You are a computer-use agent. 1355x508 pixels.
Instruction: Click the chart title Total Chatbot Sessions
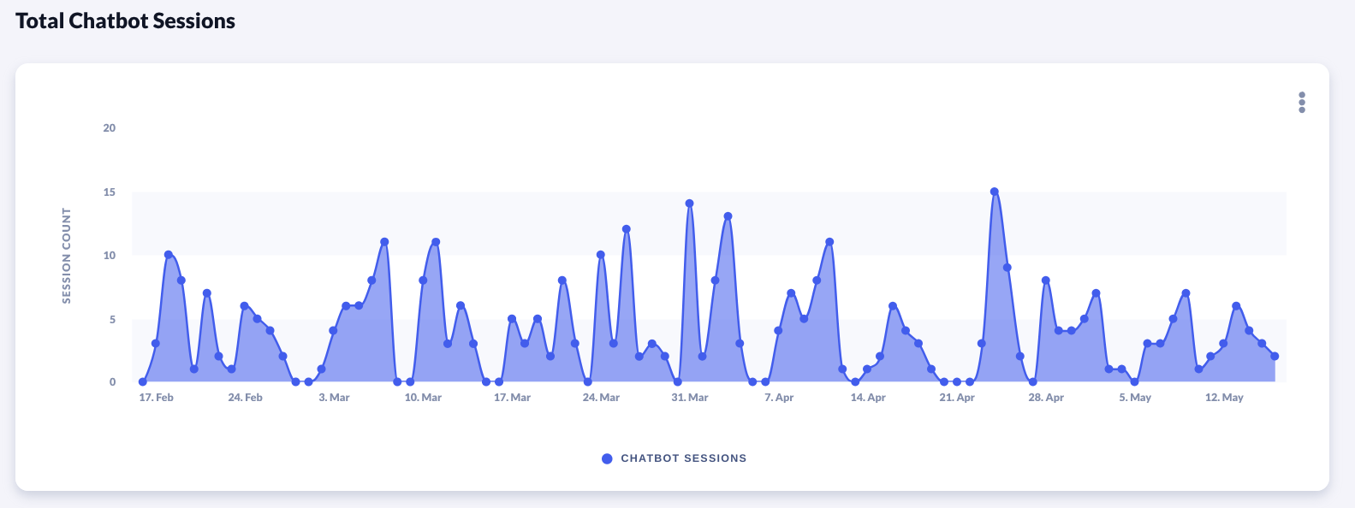click(125, 21)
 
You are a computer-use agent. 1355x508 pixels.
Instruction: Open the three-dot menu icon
click(1302, 103)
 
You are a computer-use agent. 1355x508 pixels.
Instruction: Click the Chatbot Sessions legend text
click(683, 458)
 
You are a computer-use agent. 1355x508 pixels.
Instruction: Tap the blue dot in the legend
click(607, 458)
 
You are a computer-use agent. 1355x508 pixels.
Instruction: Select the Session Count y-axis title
click(67, 255)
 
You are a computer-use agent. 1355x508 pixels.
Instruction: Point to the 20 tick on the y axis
click(110, 128)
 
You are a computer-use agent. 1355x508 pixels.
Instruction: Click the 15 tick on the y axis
click(110, 192)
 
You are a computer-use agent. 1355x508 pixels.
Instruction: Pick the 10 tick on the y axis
click(110, 256)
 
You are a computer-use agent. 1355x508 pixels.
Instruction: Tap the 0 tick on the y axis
click(112, 382)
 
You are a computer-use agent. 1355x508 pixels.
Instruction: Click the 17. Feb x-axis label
click(156, 398)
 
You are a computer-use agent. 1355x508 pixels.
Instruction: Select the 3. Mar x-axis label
click(334, 398)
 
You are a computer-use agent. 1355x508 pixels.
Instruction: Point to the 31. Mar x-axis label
click(690, 398)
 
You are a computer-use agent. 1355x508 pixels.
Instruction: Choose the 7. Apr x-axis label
click(779, 398)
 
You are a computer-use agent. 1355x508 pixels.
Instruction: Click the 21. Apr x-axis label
click(957, 398)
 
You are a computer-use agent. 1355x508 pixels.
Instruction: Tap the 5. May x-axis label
click(1135, 398)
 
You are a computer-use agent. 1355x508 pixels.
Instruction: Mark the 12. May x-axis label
click(1224, 398)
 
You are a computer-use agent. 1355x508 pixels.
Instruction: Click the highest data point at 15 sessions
click(994, 192)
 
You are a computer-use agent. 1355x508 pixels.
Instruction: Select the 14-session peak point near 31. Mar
click(689, 204)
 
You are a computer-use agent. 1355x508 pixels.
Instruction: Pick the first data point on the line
click(143, 382)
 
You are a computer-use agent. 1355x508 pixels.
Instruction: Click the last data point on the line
click(1275, 356)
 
